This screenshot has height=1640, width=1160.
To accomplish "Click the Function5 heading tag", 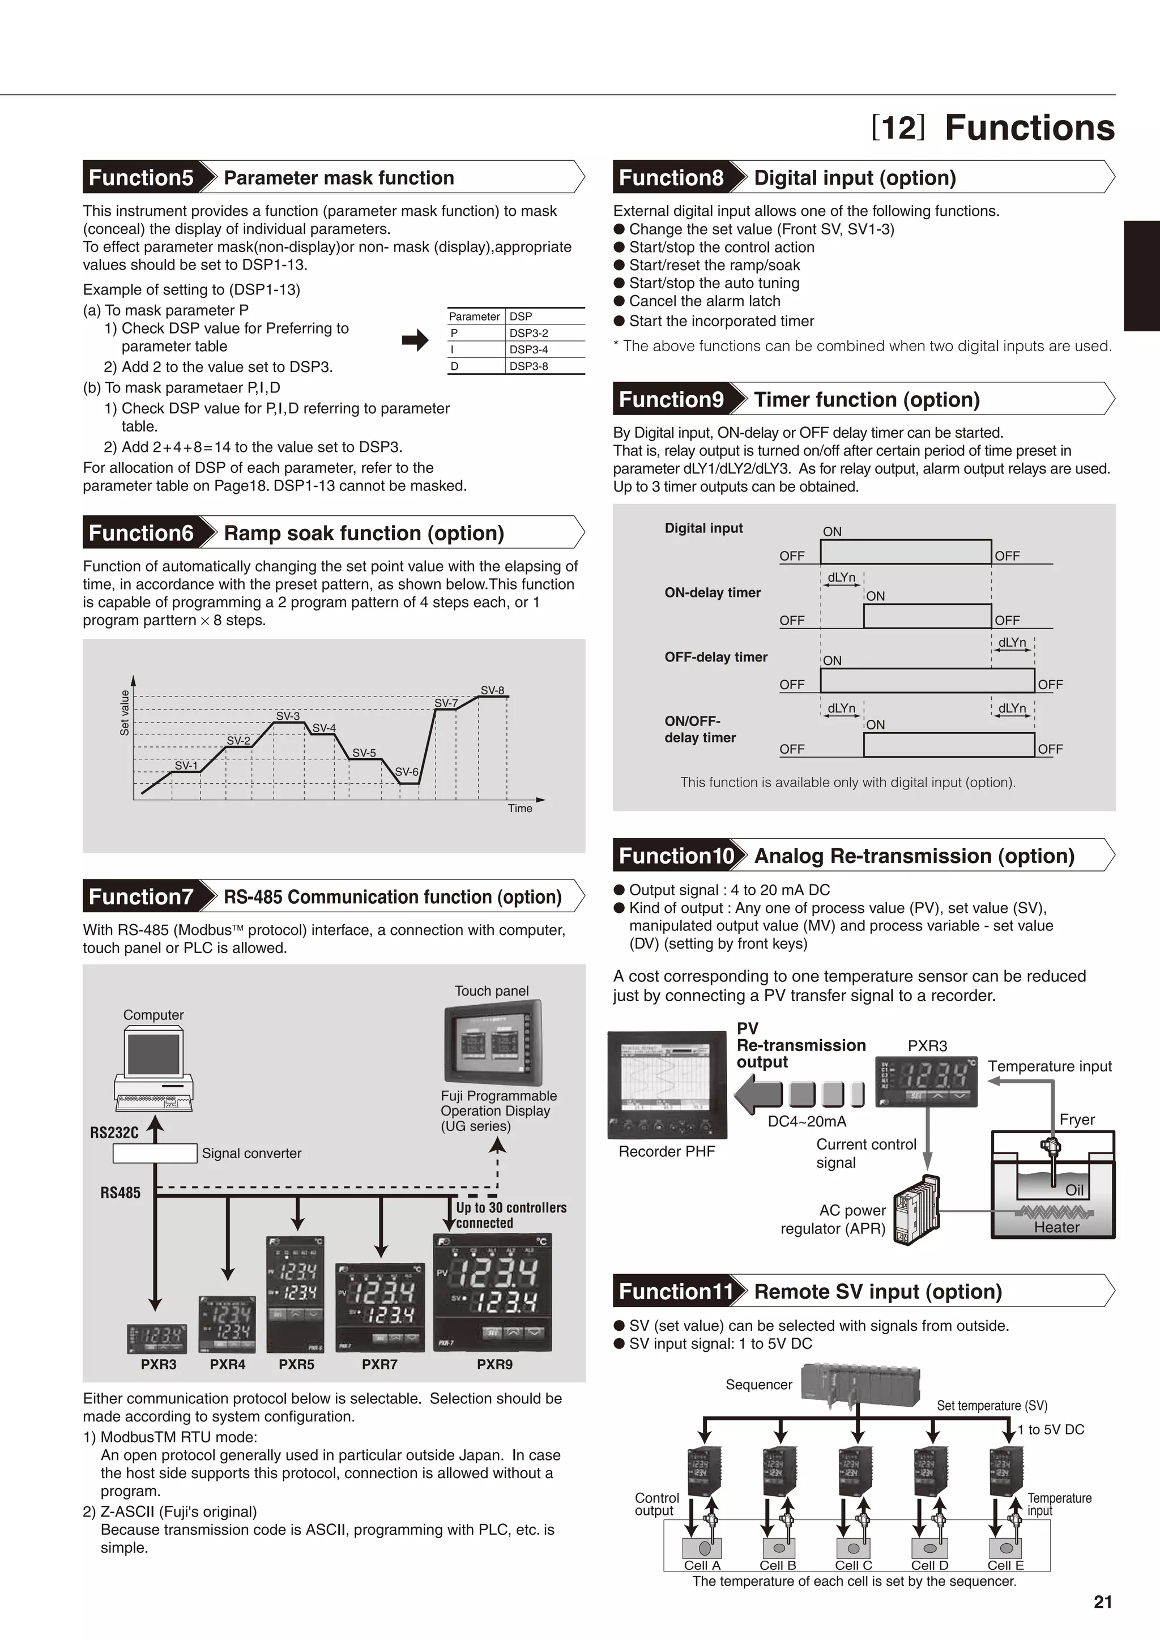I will click(x=142, y=177).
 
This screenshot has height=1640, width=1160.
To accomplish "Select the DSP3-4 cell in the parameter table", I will click(x=528, y=349).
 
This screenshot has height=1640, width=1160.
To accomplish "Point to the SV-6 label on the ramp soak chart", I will click(x=407, y=771).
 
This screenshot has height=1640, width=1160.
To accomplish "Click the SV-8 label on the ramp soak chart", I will click(x=492, y=690).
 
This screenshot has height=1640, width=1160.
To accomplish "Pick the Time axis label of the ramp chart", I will click(x=520, y=808).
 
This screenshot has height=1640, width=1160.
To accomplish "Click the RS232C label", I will click(x=114, y=1133).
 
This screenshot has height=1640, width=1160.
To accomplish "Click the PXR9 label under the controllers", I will click(x=494, y=1364).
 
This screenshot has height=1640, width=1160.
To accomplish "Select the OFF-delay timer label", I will click(x=716, y=656).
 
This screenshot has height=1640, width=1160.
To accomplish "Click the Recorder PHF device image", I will click(x=667, y=1085).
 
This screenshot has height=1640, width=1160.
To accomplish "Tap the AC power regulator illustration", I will click(x=917, y=1209).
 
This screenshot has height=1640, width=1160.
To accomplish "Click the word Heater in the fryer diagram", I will click(x=1056, y=1227).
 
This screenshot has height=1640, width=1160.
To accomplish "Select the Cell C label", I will click(x=854, y=1565).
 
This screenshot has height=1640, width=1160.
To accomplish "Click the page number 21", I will click(x=1102, y=1602).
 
